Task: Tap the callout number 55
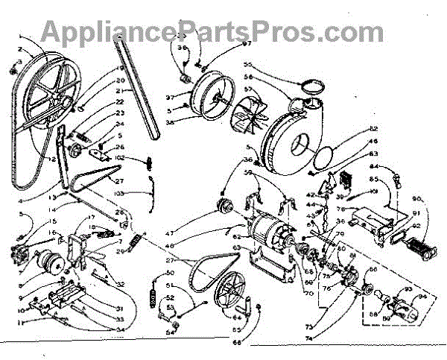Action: (x=268, y=65)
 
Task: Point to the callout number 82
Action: (x=374, y=130)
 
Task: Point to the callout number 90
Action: (x=416, y=200)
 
